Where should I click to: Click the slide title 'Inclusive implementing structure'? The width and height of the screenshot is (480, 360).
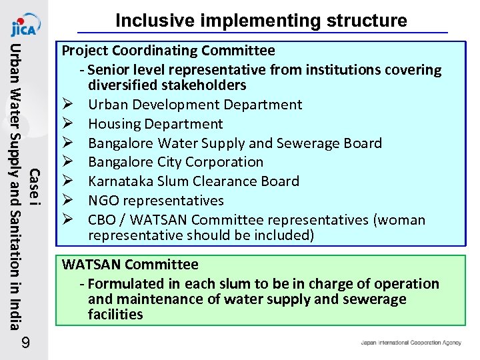pos(261,21)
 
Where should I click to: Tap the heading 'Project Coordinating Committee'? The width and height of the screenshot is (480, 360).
pos(168,51)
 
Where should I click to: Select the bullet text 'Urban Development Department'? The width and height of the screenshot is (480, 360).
pos(195,105)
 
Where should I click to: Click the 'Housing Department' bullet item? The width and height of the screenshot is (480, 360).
pos(155,124)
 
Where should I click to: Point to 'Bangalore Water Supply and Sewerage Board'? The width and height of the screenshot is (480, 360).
pos(235,143)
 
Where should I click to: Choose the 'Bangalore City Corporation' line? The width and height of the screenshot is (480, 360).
pos(175,162)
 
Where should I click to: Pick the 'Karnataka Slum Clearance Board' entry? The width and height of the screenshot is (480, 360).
pos(193,181)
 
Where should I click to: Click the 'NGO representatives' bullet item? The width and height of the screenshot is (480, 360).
pos(155,201)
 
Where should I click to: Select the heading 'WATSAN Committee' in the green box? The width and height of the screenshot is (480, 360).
pos(130,265)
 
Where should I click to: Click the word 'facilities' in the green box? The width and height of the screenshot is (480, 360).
pos(115,314)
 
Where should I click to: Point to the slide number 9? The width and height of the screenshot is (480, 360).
pos(25,344)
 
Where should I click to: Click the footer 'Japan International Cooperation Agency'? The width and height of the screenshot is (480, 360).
pos(411,343)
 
